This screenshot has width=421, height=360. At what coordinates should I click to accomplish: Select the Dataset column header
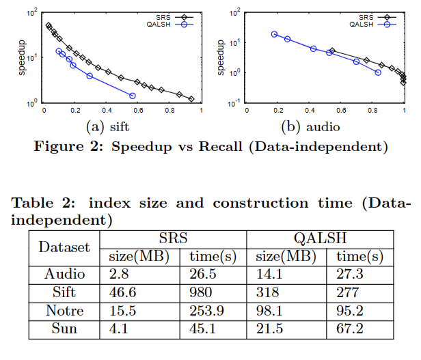click(64, 247)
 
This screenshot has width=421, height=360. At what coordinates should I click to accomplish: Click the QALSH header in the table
click(320, 238)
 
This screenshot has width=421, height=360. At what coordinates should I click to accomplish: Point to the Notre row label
click(64, 310)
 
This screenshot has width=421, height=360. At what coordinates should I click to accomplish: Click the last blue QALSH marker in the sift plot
click(132, 96)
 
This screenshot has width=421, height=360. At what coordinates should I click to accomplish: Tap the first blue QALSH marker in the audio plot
click(274, 33)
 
